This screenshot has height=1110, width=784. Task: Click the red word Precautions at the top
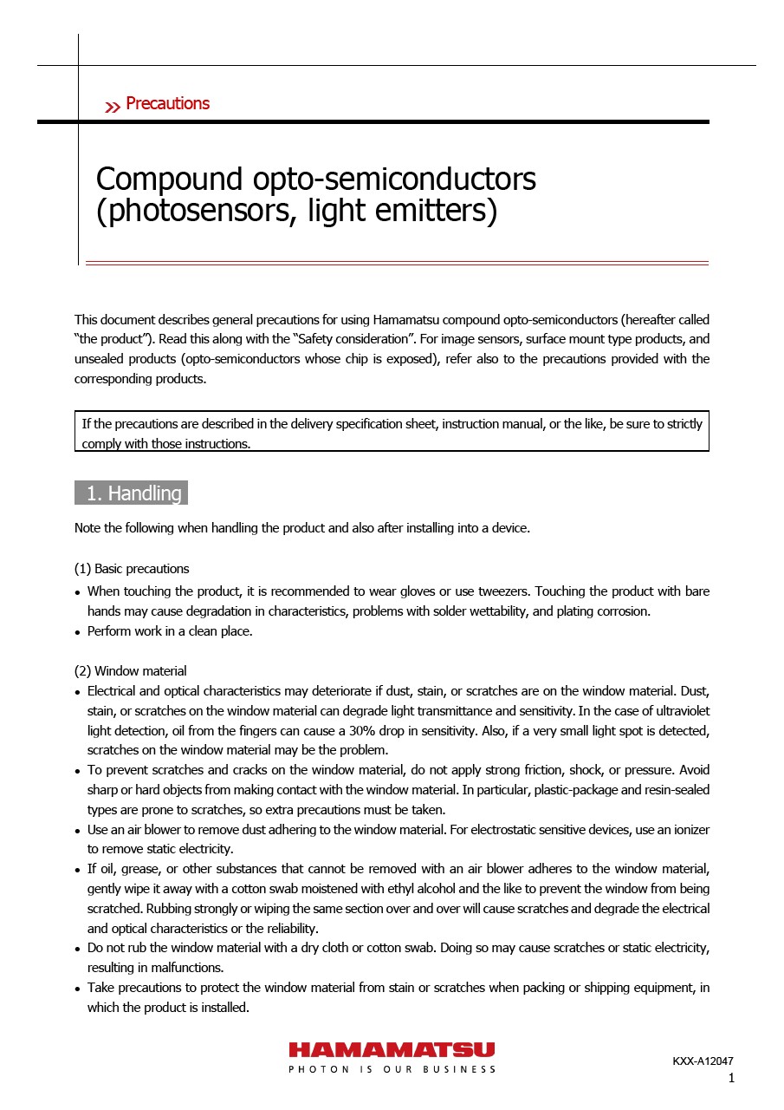point(167,104)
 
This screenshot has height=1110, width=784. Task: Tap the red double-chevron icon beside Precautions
point(113,107)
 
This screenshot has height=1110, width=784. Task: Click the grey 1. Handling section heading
point(132,493)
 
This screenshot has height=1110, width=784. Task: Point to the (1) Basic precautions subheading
point(132,570)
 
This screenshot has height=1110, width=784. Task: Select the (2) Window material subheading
point(130,671)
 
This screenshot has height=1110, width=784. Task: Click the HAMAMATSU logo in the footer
point(392,1049)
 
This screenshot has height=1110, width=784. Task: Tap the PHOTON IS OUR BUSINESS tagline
point(392,1069)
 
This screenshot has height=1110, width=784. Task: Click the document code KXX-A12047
point(703,1061)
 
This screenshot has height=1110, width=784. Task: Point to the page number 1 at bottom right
point(731,1079)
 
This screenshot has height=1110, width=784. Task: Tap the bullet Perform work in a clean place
point(170,631)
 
